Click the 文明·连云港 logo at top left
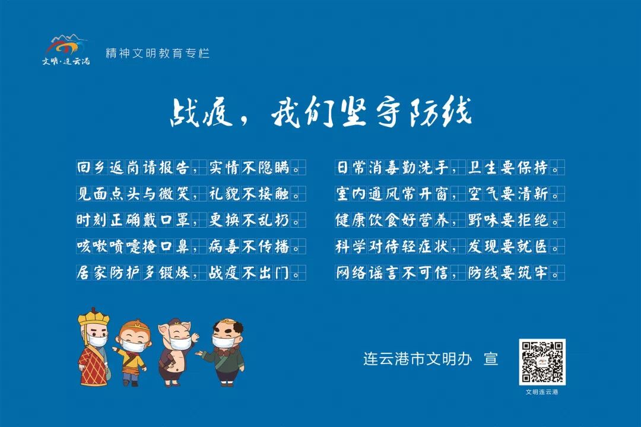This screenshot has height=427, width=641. (x=66, y=49)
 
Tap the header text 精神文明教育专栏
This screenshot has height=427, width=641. (x=157, y=53)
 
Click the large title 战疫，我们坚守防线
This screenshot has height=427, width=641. (x=321, y=111)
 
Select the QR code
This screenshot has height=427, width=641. (x=542, y=362)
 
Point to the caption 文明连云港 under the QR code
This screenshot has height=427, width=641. (x=542, y=392)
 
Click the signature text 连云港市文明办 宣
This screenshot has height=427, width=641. (x=431, y=359)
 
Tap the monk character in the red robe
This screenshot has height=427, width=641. (x=93, y=347)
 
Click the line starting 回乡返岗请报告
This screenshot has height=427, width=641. (x=191, y=167)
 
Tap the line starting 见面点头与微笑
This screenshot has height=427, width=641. (x=191, y=194)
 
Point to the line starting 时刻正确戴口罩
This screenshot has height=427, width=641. (x=191, y=220)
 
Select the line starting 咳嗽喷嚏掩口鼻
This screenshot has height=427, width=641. (x=191, y=246)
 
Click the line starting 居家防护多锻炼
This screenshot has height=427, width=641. (x=191, y=273)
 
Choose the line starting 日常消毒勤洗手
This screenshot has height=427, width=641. (x=450, y=167)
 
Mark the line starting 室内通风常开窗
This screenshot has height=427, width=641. (x=450, y=194)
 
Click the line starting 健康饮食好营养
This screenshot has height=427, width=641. (x=450, y=220)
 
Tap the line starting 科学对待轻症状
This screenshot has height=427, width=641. (x=450, y=246)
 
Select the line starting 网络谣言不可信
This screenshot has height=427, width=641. (x=450, y=273)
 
